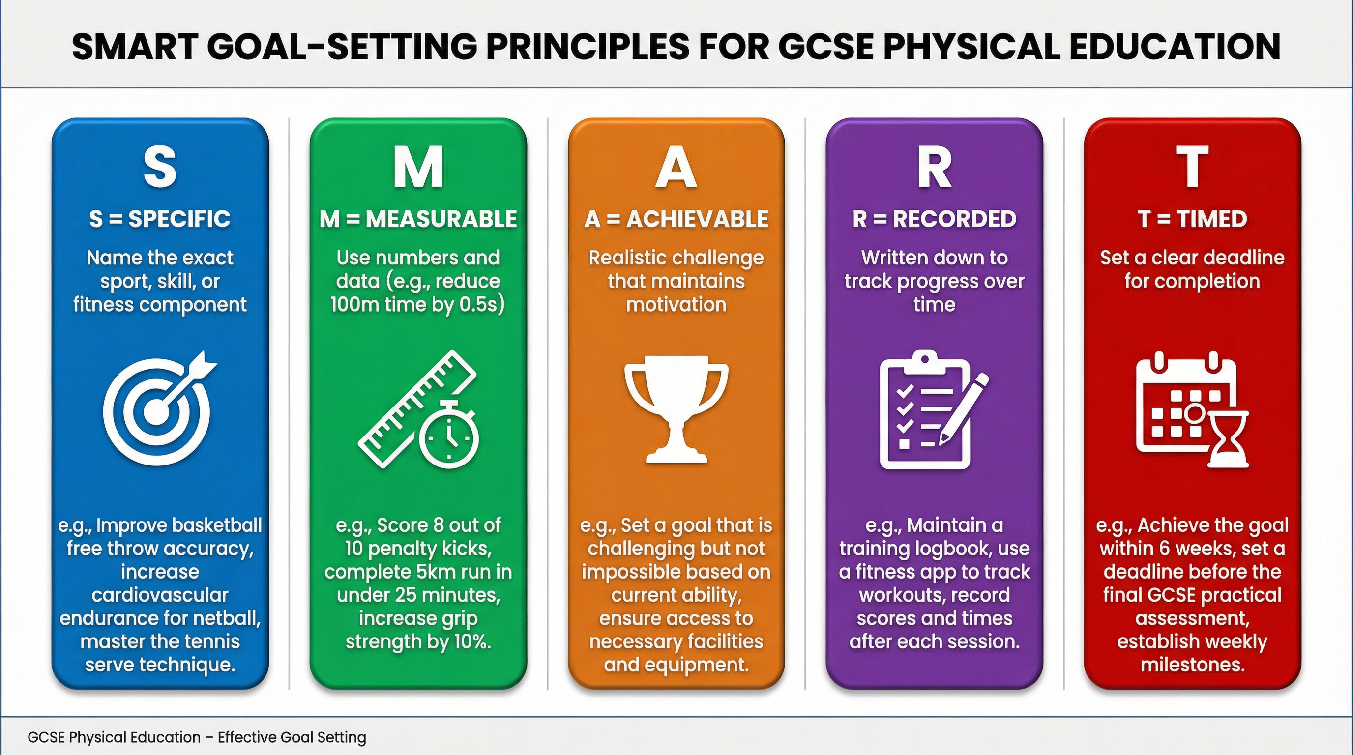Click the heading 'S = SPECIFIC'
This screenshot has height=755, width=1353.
point(160,219)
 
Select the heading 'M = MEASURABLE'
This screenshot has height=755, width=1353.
point(418,219)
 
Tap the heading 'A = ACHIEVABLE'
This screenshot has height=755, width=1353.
point(676,219)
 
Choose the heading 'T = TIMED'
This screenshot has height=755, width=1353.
point(1192,219)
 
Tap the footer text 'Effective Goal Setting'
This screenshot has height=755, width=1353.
point(292,737)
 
